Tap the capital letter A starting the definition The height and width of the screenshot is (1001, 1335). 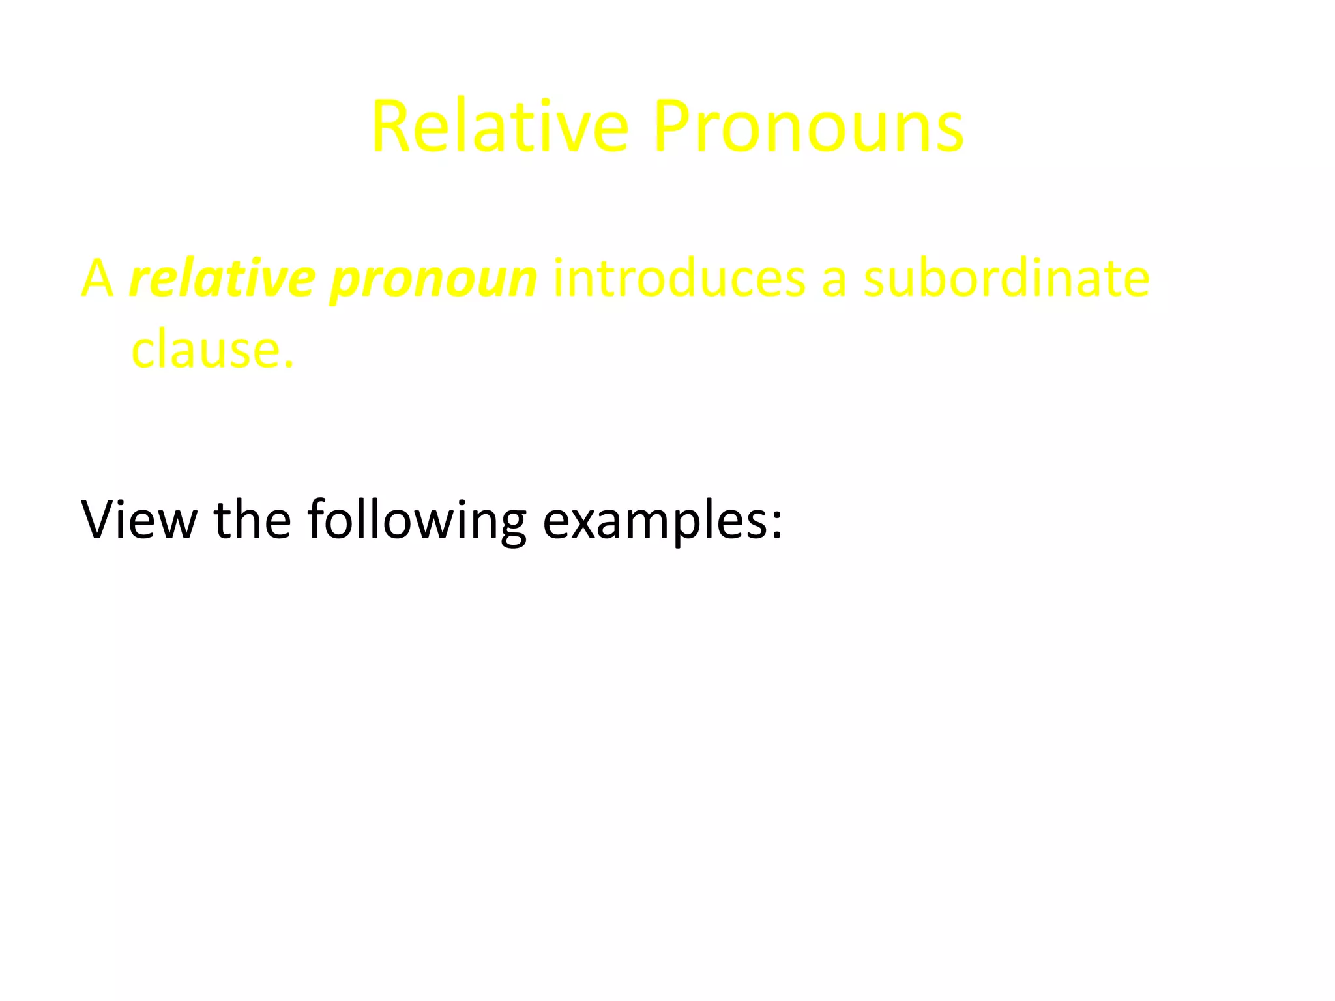(97, 278)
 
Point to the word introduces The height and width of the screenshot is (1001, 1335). (679, 278)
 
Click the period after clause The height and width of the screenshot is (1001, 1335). (289, 364)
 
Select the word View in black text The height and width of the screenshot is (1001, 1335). (139, 519)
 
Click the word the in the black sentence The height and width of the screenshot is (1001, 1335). (252, 519)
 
